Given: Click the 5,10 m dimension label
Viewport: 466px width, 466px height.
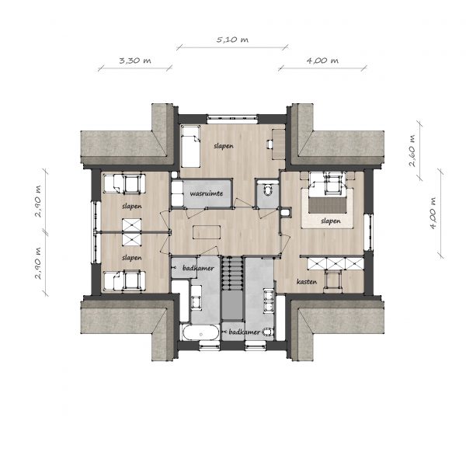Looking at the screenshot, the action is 232,40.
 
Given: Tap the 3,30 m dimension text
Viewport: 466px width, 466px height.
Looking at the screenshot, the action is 135,61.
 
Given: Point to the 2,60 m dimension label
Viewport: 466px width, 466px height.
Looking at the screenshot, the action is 412,151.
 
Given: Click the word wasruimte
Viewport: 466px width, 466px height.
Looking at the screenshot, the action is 207,193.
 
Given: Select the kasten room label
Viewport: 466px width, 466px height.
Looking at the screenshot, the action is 307,281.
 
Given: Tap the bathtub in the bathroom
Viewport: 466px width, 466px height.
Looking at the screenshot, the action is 201,332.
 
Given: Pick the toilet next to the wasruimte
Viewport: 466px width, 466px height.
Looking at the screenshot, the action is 268,190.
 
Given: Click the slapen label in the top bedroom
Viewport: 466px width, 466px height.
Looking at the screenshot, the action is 224,146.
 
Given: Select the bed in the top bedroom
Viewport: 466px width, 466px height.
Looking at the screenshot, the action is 190,146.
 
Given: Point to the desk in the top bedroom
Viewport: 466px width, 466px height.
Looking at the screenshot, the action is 279,144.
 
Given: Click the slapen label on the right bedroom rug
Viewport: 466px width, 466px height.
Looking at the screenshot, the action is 331,221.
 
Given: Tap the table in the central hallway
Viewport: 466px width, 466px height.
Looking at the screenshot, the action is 207,232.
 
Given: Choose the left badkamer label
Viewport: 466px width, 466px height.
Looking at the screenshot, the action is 198,268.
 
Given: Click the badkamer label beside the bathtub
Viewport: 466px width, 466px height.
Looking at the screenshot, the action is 245,332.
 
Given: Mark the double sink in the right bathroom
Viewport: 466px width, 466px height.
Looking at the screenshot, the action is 269,301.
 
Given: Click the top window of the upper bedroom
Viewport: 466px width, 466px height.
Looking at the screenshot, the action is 232,119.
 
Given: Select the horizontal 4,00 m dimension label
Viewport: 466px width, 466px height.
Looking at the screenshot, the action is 322,61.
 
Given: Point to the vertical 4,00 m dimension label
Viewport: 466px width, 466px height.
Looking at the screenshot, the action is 433,213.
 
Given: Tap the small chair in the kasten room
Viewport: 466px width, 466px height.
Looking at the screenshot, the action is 333,280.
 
